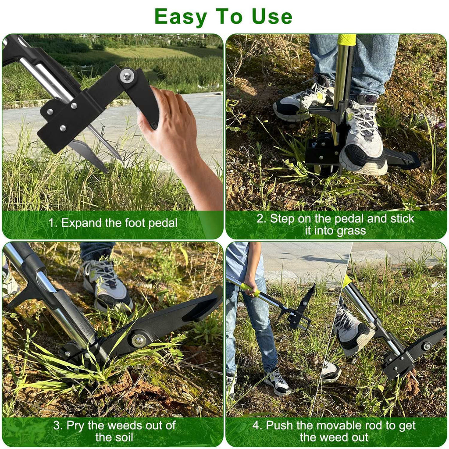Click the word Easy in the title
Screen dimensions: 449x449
pos(180,17)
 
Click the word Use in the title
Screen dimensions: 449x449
pos(272,16)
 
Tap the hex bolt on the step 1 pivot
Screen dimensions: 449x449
pos(126,76)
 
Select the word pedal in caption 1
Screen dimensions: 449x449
pos(162,223)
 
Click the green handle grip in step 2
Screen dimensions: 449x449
pos(347,39)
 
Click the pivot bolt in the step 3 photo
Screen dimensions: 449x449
pos(139,340)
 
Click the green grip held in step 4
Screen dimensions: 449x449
pos(250,289)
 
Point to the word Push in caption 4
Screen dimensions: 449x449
pos(280,425)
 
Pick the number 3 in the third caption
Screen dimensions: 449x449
pos(57,425)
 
